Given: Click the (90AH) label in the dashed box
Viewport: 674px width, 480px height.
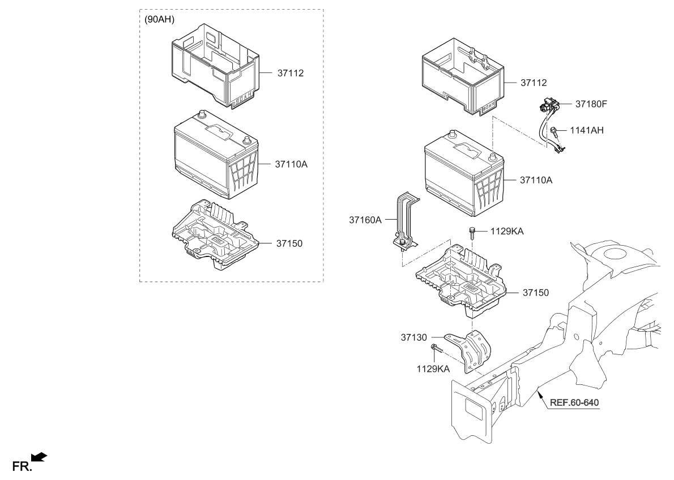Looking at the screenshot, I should [159, 19].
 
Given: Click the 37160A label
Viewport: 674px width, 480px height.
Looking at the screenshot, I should [365, 218].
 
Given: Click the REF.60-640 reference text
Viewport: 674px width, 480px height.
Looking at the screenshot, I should [573, 404].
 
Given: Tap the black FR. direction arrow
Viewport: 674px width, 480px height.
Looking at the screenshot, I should [40, 457].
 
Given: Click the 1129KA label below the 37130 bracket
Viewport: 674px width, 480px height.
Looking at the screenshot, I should [433, 368].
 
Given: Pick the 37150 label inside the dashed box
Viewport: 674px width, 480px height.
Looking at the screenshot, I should [289, 243].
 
